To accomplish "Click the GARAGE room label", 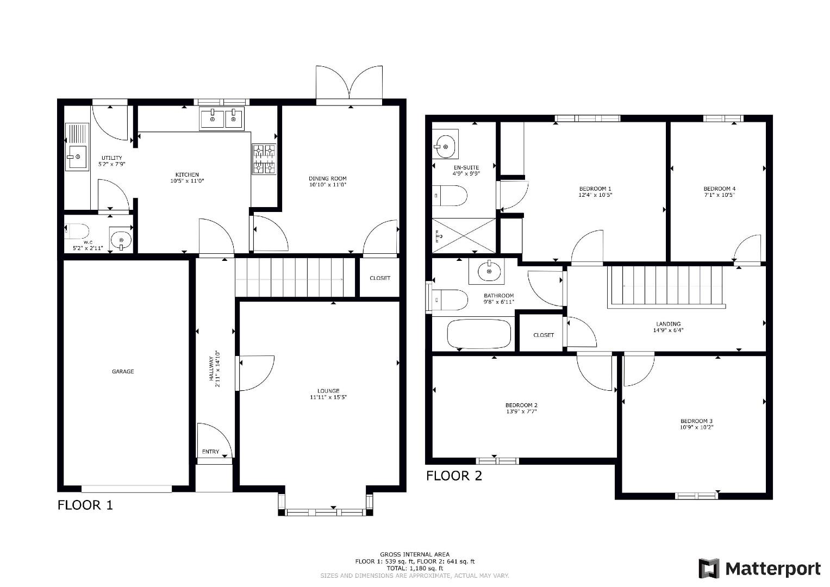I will click(123, 372).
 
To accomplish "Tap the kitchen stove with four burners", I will click(264, 159).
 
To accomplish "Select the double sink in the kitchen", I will click(222, 118).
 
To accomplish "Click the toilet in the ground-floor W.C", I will click(77, 232).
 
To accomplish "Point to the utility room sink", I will click(77, 157).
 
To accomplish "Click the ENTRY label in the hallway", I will click(210, 452).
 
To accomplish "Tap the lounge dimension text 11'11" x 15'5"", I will click(328, 397).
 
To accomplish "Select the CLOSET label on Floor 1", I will click(380, 278).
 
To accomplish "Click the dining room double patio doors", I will click(349, 84).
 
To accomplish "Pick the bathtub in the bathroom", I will click(479, 334).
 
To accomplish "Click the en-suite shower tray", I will click(464, 235).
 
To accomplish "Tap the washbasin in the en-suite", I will click(446, 144).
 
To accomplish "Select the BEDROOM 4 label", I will click(719, 189).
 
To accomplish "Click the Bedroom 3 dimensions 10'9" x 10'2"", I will click(696, 427).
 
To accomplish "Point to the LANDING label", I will click(668, 323).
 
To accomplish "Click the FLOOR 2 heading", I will click(454, 476).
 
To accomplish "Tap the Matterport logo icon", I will click(709, 569).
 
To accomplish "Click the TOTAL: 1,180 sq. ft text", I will click(415, 569).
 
